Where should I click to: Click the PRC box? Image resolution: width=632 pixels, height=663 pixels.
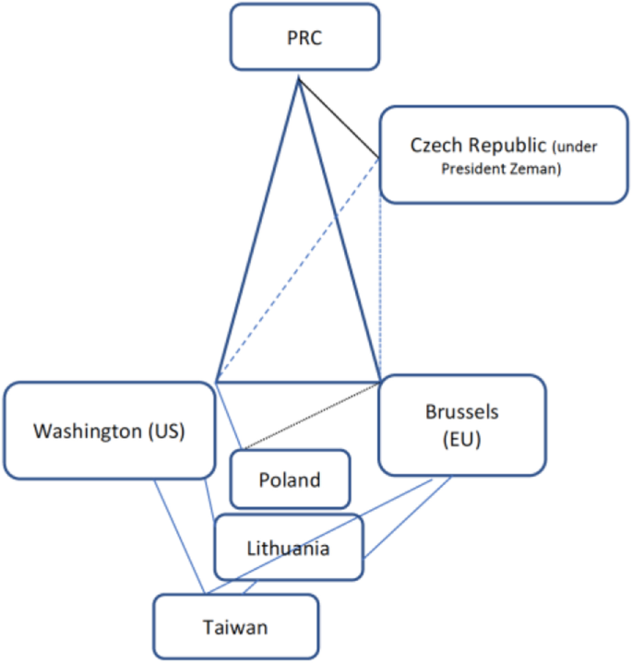coord(304,37)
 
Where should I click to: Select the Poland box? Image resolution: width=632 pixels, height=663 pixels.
coord(290,479)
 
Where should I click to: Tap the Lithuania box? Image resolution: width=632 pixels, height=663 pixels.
coord(289,548)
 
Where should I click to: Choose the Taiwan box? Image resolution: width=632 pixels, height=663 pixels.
coord(235,628)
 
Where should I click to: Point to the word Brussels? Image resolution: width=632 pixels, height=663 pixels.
coord(461,411)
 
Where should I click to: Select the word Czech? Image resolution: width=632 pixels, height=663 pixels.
coord(435,146)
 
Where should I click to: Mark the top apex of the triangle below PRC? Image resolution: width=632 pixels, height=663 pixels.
coord(298,80)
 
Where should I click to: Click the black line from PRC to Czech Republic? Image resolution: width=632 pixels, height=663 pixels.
coord(339,118)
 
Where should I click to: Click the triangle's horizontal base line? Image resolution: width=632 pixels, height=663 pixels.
coord(298,380)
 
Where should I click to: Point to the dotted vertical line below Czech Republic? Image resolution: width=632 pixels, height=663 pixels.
coord(381,277)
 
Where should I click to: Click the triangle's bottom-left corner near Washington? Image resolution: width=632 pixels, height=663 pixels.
coord(216,380)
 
